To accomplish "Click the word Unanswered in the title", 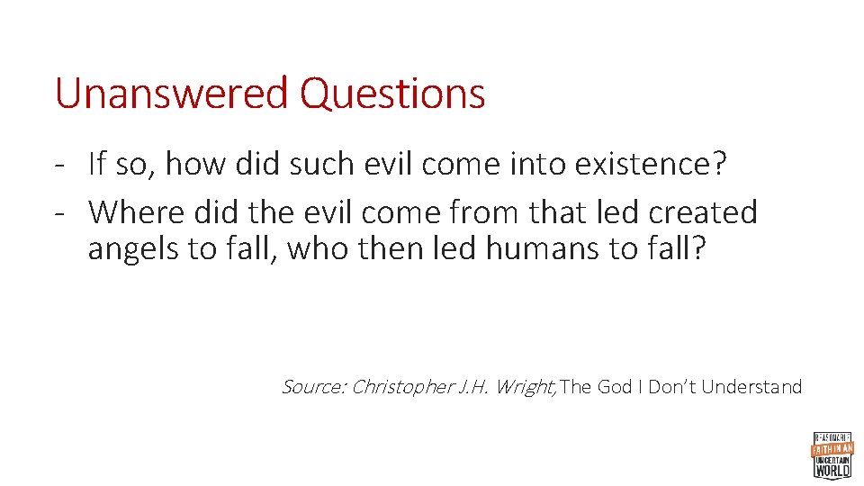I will point(171,94).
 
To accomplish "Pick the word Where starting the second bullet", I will point(132,212).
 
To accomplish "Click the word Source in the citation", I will point(312,387).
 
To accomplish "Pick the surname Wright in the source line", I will point(527,388).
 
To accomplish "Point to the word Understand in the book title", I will point(751,387).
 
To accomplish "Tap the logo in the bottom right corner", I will point(832,454).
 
